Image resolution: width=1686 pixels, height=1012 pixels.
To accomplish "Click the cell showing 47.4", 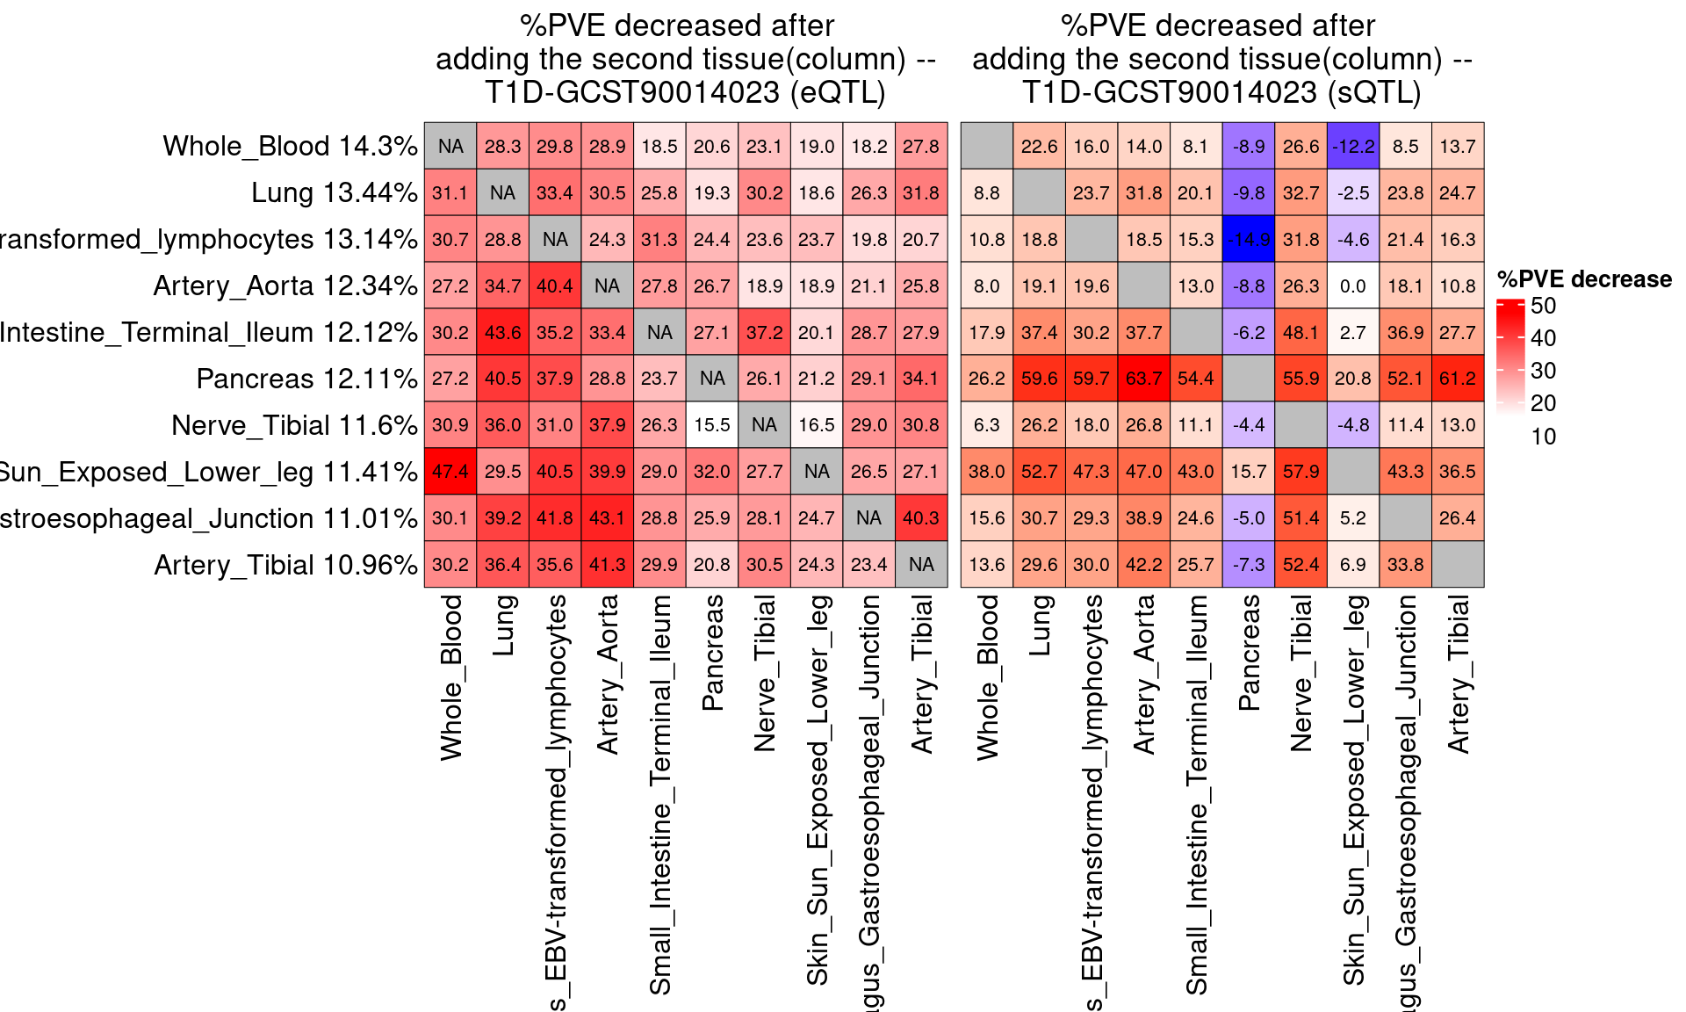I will (450, 472).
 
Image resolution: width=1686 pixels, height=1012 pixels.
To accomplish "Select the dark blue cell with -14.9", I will (1248, 239).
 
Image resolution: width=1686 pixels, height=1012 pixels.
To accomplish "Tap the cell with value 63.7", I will (1143, 379).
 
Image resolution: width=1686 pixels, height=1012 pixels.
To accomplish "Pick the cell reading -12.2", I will (1352, 146).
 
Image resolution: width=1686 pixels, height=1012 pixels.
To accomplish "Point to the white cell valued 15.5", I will (711, 425).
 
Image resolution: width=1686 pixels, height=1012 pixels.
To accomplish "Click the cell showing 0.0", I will (1352, 286).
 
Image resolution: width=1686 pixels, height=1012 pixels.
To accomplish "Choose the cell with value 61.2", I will (1457, 379).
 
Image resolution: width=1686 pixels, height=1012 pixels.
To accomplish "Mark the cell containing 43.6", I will (502, 332).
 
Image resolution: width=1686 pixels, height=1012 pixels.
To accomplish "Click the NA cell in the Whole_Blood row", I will (450, 146).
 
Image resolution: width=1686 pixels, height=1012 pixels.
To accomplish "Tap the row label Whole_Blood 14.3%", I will (290, 146).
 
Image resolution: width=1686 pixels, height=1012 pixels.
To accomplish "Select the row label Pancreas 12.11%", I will (306, 379).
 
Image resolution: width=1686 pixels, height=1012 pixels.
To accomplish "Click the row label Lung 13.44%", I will (334, 192).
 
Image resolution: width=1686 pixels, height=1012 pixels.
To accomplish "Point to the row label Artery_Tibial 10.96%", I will (285, 565).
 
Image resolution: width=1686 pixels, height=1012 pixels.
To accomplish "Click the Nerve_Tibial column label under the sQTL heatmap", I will (1301, 673).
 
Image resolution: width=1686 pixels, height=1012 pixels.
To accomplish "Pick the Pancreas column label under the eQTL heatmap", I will (712, 652).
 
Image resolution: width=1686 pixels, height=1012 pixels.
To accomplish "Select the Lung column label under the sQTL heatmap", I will (1039, 625).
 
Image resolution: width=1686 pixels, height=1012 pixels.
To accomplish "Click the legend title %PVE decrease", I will (1584, 279).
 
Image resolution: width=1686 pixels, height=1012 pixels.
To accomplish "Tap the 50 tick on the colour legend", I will (1543, 306).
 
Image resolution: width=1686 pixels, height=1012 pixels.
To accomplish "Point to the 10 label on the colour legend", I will (1543, 437).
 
